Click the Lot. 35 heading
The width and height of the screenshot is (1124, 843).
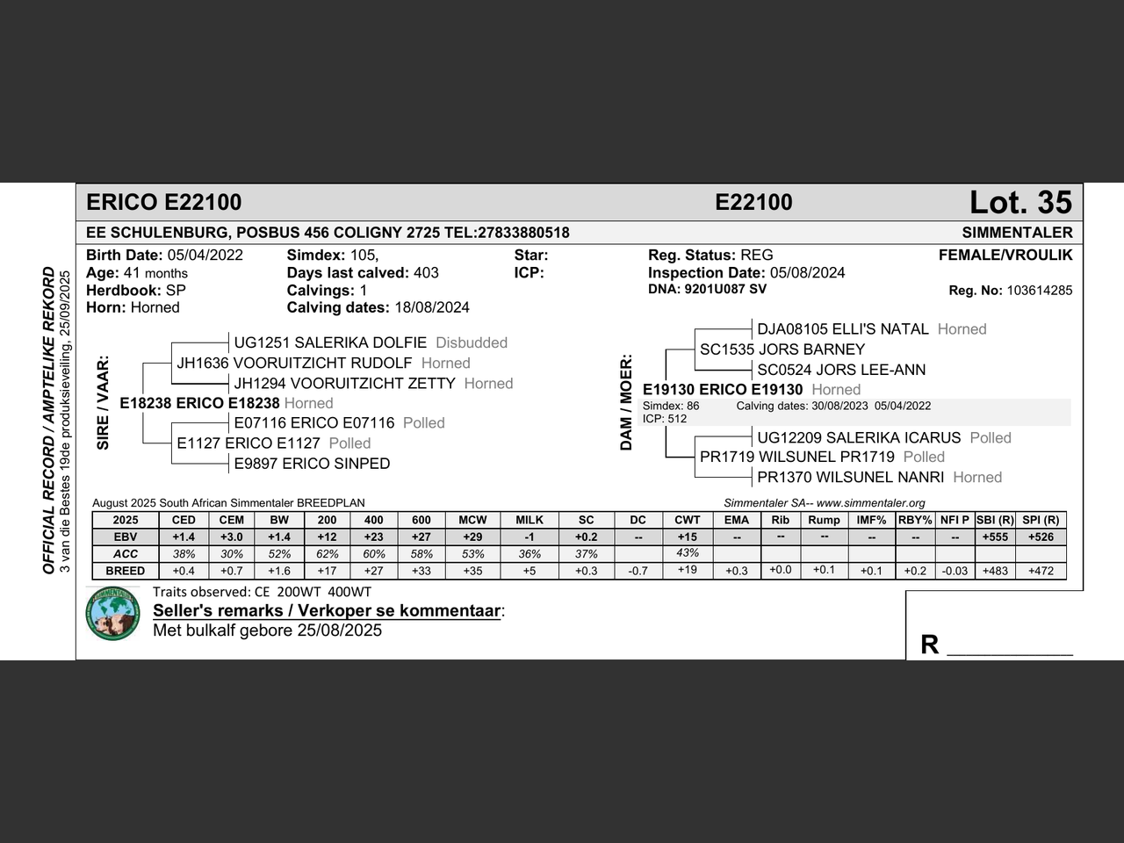[1020, 203]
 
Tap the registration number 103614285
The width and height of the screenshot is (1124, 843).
[1040, 291]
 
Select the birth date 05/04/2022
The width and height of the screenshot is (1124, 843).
[205, 256]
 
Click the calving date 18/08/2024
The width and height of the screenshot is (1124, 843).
[431, 307]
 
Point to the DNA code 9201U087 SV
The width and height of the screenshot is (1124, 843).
[725, 289]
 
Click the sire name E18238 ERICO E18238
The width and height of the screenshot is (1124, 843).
[199, 403]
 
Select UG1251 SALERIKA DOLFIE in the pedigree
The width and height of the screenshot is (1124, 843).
[330, 342]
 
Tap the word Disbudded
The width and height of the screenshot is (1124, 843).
[472, 342]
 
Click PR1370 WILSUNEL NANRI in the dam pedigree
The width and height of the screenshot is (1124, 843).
[851, 477]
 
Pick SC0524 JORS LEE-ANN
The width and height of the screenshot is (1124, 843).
[841, 370]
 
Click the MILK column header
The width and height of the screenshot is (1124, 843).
[530, 520]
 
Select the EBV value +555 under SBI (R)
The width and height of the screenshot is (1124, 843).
[995, 537]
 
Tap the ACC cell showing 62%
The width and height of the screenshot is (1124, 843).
[327, 554]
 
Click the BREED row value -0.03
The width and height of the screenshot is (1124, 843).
[955, 571]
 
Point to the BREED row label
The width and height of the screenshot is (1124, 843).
[126, 571]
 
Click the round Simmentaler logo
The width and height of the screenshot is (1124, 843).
[113, 613]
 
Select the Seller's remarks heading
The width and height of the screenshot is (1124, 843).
[327, 610]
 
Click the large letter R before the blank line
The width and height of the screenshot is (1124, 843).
[930, 645]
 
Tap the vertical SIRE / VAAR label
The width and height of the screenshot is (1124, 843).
[103, 402]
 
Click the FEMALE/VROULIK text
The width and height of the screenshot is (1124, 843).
[1005, 256]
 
